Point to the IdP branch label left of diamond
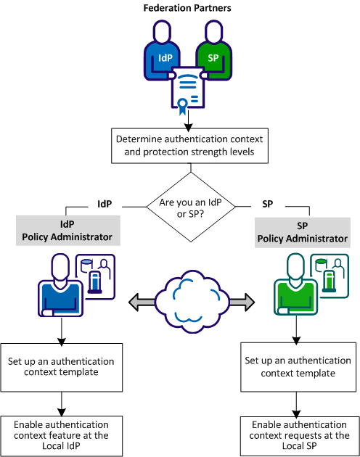coord(105,204)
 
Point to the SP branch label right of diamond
coord(268,204)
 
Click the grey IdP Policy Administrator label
coord(64,231)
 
